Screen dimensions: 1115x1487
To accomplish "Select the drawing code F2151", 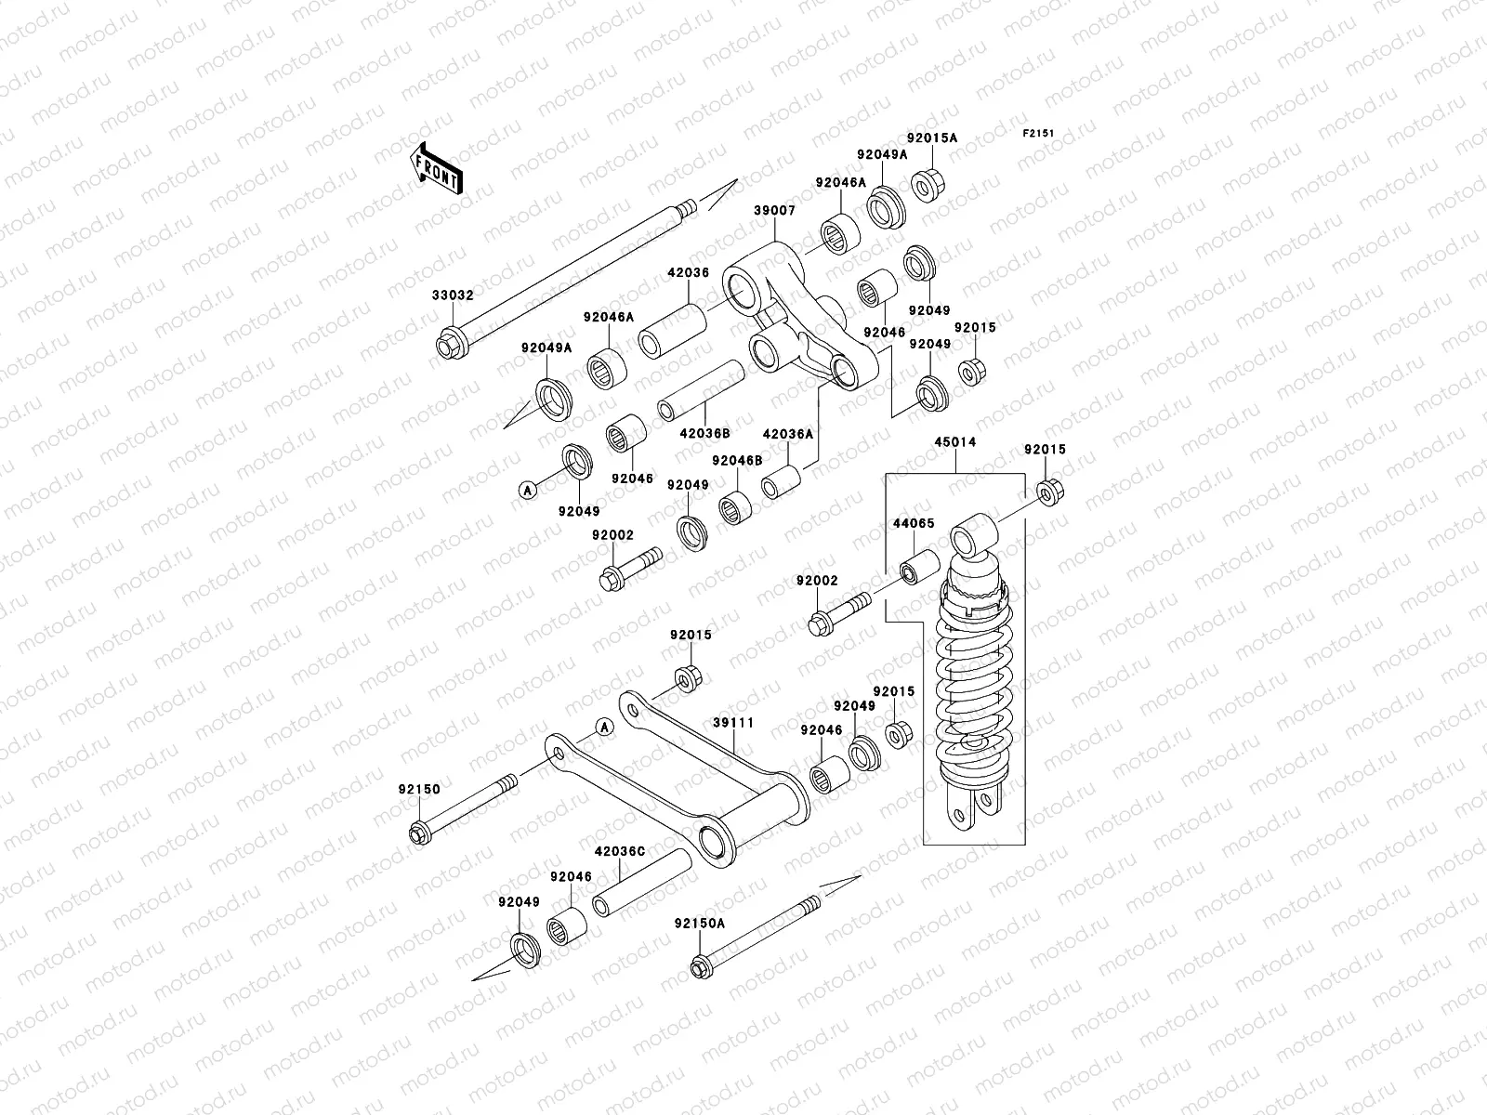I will coord(1040,133).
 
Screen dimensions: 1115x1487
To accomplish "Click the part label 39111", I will coord(733,723).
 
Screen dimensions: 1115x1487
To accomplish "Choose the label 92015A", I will coord(931,138).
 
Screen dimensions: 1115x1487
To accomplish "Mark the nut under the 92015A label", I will coord(928,185).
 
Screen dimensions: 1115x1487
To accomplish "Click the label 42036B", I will coord(704,432).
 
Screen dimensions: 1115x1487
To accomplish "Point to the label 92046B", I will coord(737,460).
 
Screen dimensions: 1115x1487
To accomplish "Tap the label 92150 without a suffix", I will coord(420,789).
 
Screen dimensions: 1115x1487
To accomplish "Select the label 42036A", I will coord(787,433).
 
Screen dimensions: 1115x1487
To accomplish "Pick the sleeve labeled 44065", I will coord(914,571).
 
